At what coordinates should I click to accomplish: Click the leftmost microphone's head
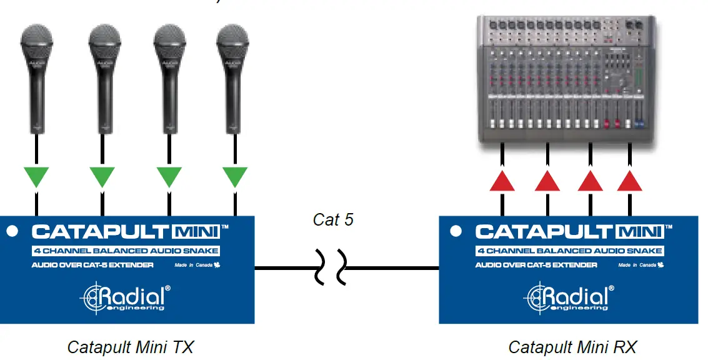point(37,42)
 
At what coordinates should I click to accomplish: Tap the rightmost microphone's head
point(233,42)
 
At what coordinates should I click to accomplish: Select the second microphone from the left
point(104,75)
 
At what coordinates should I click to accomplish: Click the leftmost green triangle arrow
point(37,176)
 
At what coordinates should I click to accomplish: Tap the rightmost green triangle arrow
point(235,176)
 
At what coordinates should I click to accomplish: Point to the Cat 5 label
point(333,220)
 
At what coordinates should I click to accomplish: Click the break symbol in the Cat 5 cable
point(333,268)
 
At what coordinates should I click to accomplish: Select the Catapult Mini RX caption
point(572,346)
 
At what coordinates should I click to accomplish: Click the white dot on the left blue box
point(12,231)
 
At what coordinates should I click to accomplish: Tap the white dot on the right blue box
point(456,231)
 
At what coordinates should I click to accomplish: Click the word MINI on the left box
point(196,232)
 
